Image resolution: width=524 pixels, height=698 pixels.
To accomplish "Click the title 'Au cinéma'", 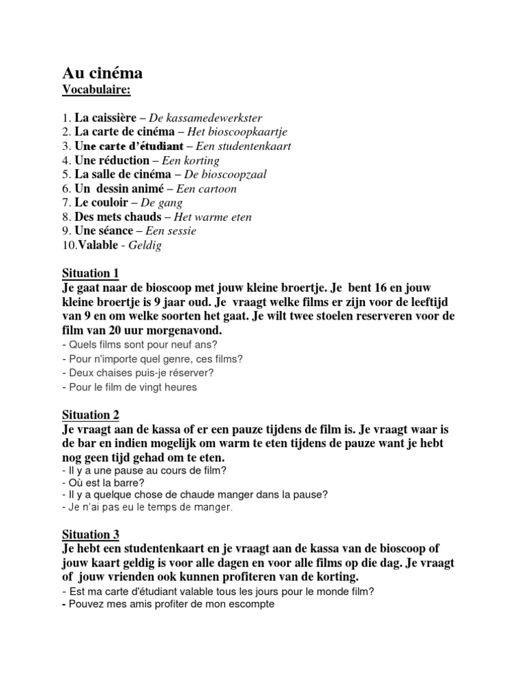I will coord(102,73).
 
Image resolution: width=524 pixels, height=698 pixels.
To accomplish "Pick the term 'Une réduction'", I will coord(112,160).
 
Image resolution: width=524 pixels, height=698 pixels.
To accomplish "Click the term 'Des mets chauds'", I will coord(118,217).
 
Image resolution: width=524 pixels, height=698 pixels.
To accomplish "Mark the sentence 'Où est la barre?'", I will coord(96,483).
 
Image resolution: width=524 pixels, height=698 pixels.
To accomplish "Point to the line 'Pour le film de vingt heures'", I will coord(129,387).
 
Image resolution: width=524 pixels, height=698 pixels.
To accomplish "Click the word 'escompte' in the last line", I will coord(252,604).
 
